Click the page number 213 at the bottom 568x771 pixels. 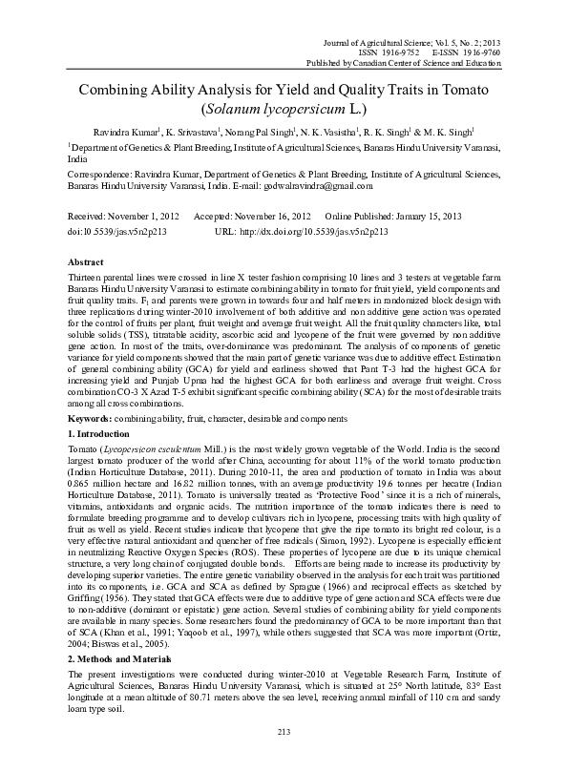[284, 759]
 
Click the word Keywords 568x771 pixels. [96, 419]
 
